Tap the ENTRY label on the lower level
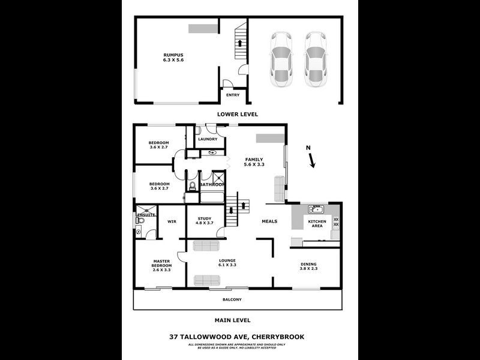click(x=233, y=95)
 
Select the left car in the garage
click(x=281, y=59)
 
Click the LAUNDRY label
click(x=208, y=139)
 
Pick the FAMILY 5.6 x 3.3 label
click(x=254, y=161)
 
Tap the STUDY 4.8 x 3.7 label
click(x=204, y=220)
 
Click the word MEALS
click(x=269, y=221)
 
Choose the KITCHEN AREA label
click(x=317, y=224)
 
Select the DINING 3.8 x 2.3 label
click(x=308, y=266)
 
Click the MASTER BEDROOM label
click(x=162, y=265)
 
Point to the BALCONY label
click(x=232, y=299)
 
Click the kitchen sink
click(x=316, y=209)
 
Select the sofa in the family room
click(x=279, y=188)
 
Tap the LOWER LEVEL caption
click(x=238, y=113)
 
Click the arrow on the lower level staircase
click(x=241, y=43)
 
